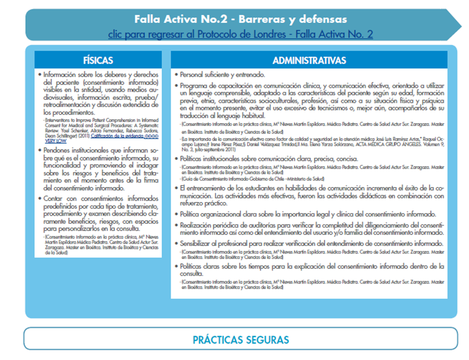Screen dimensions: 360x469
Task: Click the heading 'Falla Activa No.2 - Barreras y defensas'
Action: point(241,20)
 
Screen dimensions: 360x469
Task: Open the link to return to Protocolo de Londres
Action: point(241,34)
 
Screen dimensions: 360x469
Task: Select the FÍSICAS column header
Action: point(98,60)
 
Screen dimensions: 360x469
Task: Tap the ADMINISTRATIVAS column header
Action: point(309,61)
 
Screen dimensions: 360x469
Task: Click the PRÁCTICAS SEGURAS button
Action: point(241,340)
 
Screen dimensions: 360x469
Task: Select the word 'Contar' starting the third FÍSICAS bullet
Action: point(53,198)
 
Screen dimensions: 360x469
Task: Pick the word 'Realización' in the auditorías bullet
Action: point(197,225)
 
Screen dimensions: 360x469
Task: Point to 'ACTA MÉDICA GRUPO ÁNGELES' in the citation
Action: point(376,144)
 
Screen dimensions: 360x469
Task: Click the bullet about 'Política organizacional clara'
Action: point(308,214)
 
